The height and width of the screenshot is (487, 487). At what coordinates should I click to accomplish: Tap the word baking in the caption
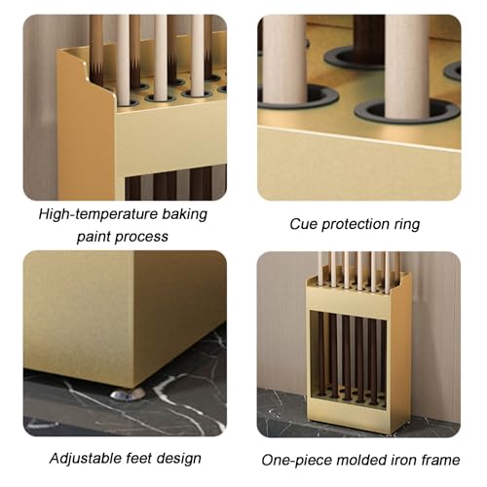(x=184, y=215)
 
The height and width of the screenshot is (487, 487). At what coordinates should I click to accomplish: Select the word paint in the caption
(x=94, y=237)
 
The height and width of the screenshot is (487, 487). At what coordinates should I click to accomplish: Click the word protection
(x=356, y=225)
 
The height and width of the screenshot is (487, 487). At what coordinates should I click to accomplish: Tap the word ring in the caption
(x=407, y=225)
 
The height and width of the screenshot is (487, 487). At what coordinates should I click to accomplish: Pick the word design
(x=179, y=459)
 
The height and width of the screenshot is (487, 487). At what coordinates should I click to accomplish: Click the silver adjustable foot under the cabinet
(x=128, y=393)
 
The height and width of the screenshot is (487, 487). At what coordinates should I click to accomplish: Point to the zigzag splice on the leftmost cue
(x=96, y=68)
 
